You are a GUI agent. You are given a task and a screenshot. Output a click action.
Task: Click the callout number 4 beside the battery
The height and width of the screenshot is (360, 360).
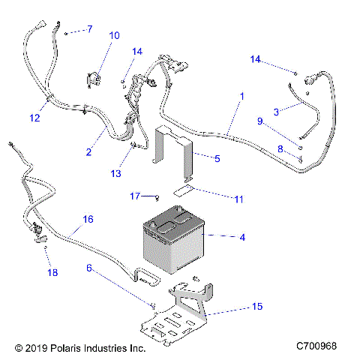[242, 238]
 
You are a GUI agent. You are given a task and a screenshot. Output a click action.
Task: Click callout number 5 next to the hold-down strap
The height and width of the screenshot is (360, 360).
[217, 159]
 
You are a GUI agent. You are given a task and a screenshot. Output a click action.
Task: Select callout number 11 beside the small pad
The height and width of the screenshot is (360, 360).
[217, 199]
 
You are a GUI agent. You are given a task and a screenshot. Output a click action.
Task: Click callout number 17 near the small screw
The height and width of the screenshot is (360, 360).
[135, 196]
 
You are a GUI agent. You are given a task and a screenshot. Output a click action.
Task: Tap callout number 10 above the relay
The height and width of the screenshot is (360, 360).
[114, 35]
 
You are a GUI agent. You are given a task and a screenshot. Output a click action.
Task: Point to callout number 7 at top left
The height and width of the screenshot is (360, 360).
[89, 29]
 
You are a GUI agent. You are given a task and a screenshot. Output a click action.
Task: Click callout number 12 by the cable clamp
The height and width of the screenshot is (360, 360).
[34, 117]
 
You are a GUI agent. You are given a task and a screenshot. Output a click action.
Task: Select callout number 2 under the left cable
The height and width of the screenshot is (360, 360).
[89, 152]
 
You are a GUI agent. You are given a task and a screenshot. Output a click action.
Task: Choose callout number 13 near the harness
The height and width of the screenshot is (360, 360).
[115, 173]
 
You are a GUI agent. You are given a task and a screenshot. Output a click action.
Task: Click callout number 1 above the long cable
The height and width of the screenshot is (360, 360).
[242, 97]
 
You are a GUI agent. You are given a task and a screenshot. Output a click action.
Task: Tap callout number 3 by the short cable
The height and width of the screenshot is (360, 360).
[276, 112]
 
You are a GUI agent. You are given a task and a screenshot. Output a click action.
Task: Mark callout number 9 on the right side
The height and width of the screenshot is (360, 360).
[260, 121]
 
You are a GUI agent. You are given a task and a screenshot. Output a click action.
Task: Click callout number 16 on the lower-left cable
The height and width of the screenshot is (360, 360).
[88, 220]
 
